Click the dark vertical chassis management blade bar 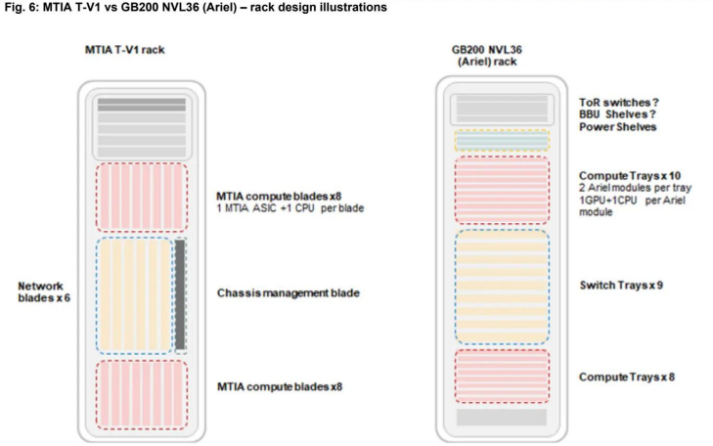[180, 293]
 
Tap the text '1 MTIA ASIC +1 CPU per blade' [284, 206]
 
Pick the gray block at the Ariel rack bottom [502, 417]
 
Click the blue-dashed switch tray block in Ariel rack [502, 286]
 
